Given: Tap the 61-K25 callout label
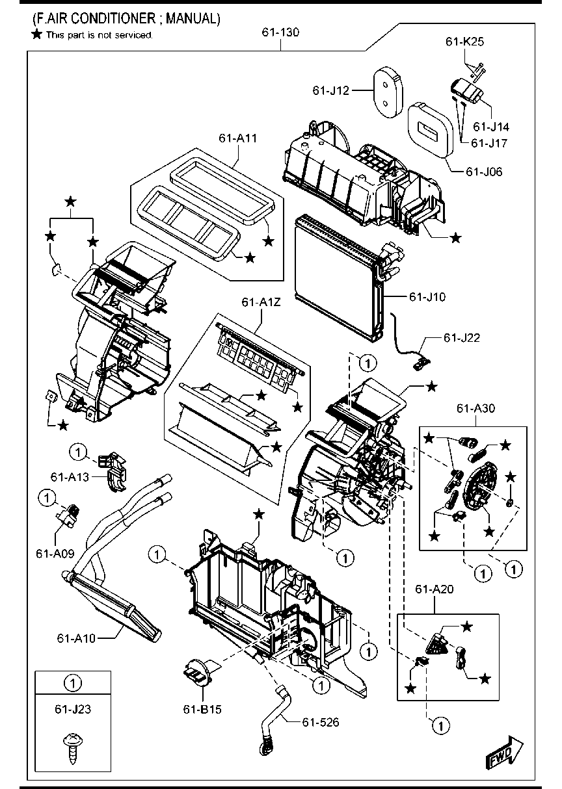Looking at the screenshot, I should pyautogui.click(x=464, y=41).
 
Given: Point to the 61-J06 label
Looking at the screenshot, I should pyautogui.click(x=484, y=172).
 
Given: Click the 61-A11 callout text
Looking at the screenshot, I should pyautogui.click(x=238, y=138).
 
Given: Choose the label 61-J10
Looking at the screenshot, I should pyautogui.click(x=427, y=297).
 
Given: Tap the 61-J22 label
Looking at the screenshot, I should pyautogui.click(x=462, y=337).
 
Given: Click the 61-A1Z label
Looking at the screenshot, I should pyautogui.click(x=261, y=302).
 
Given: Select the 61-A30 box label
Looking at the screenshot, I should pyautogui.click(x=475, y=408).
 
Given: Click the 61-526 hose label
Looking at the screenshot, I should pyautogui.click(x=320, y=721).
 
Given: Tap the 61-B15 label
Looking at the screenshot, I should pyautogui.click(x=202, y=709).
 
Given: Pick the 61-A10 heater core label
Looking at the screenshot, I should pyautogui.click(x=76, y=638).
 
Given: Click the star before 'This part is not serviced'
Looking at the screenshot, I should pyautogui.click(x=37, y=34).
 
